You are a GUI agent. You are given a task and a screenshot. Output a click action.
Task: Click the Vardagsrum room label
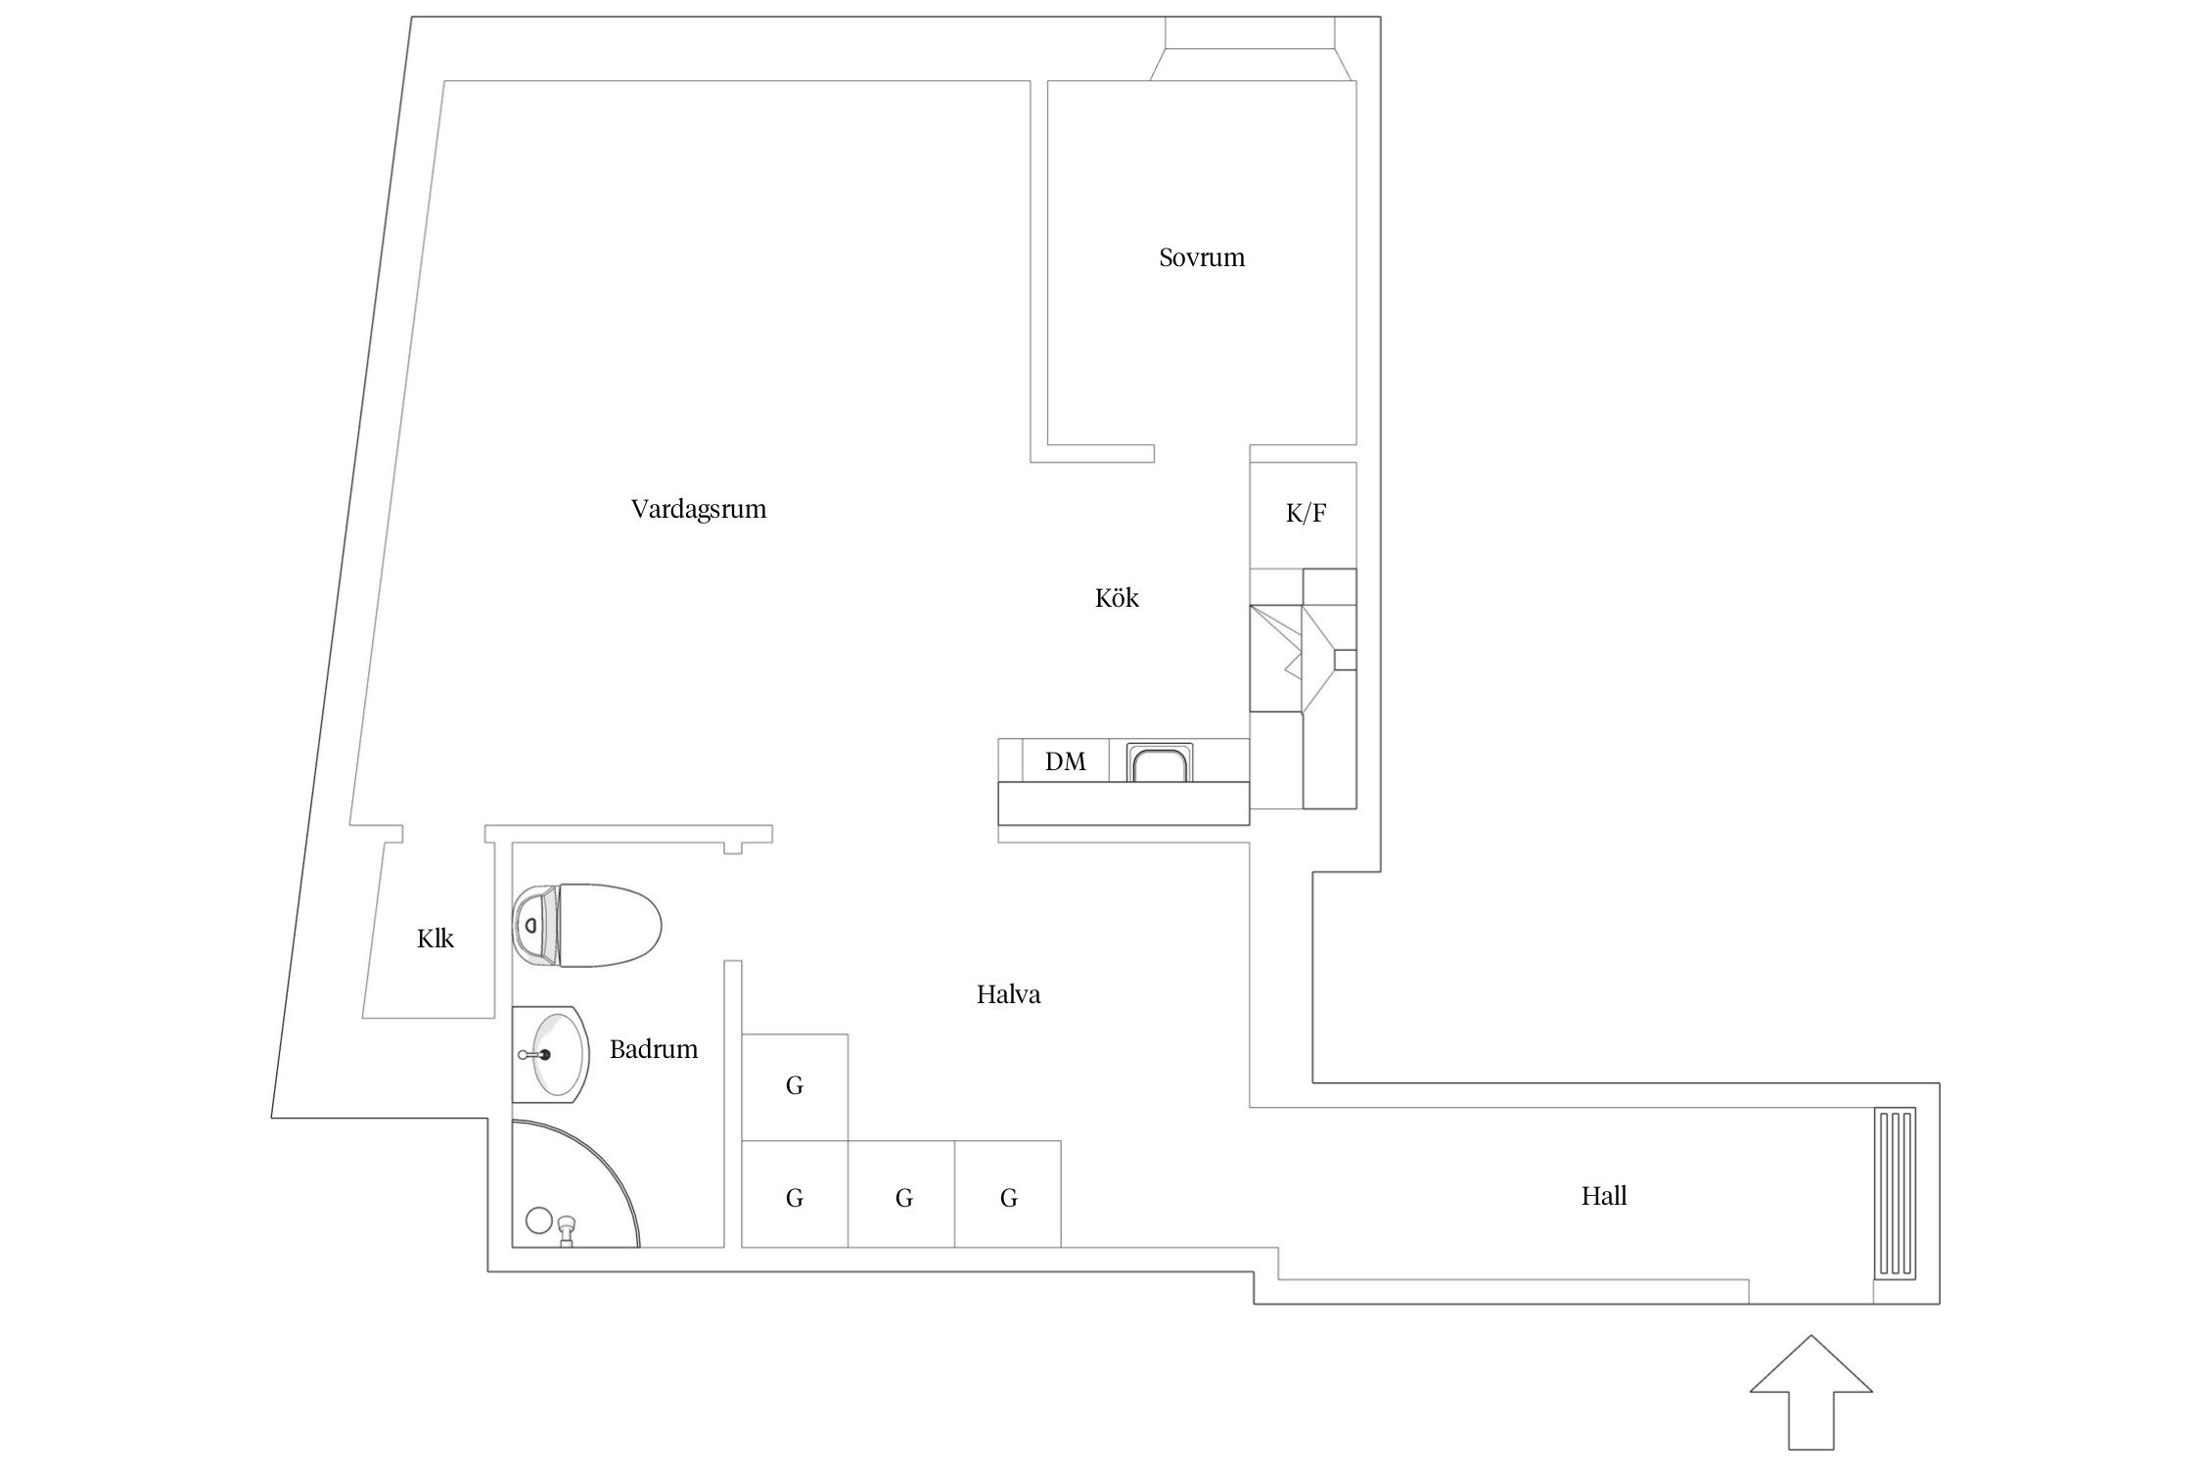(698, 510)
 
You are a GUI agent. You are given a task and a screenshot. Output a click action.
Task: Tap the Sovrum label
(1202, 257)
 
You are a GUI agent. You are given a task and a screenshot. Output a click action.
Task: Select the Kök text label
(1117, 598)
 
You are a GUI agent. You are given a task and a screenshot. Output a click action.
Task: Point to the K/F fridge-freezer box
(1304, 515)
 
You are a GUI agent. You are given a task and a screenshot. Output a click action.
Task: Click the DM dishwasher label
(1065, 761)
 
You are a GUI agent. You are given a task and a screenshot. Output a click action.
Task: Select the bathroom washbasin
(550, 1055)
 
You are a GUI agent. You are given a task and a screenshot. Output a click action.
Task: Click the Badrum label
(654, 1050)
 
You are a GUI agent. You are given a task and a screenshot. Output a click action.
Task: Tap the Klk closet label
(436, 940)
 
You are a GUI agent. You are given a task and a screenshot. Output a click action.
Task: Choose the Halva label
(1008, 995)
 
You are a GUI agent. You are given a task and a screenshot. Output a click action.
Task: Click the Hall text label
(1604, 1196)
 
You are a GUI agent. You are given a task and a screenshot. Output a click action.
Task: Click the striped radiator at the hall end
(1895, 1193)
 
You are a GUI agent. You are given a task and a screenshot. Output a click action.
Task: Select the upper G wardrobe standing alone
(795, 1086)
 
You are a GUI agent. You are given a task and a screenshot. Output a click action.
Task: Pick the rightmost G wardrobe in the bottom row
(1008, 1194)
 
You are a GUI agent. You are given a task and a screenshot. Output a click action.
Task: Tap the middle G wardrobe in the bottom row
(901, 1194)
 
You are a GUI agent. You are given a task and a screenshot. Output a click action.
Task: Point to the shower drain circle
(538, 1220)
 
